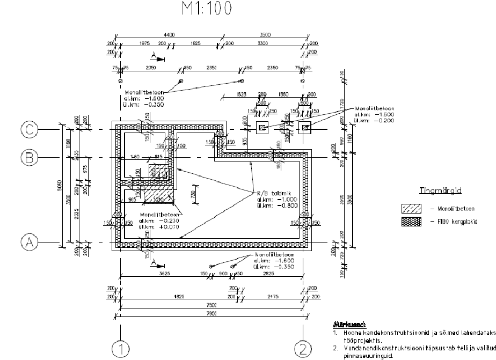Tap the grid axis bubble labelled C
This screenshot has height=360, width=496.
28,130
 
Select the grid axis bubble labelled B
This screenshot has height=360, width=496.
28,157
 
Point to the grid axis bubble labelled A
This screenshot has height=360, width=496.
28,242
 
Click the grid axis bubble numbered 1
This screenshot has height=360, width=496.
121,349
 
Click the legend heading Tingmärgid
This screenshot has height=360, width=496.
440,190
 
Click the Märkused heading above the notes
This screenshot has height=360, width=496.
350,325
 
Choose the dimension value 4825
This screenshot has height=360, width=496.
172,296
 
